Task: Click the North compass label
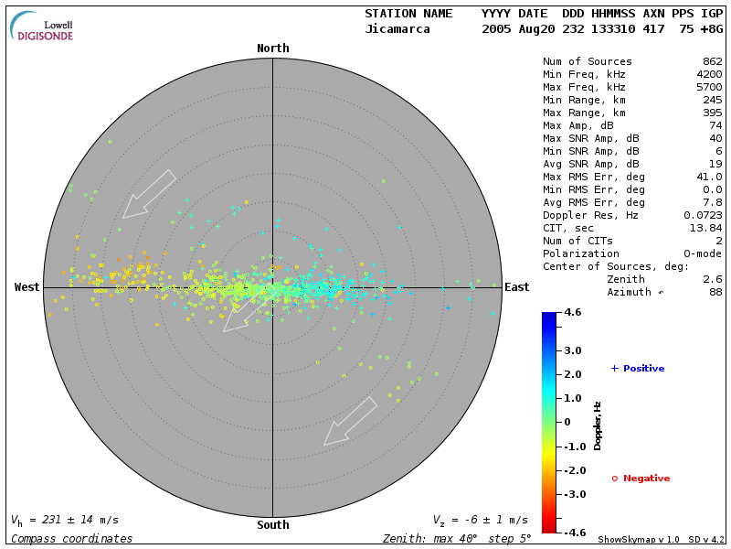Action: click(x=272, y=48)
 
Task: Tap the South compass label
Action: click(x=272, y=525)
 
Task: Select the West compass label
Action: click(x=27, y=287)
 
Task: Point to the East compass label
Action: click(x=516, y=287)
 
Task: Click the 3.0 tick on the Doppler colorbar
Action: click(x=573, y=350)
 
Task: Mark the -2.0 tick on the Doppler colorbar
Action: click(x=573, y=470)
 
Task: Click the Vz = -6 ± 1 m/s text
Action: click(x=480, y=520)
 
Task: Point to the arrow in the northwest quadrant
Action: click(x=148, y=194)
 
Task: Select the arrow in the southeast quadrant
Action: click(x=350, y=421)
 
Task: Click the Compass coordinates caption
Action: click(x=72, y=539)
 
